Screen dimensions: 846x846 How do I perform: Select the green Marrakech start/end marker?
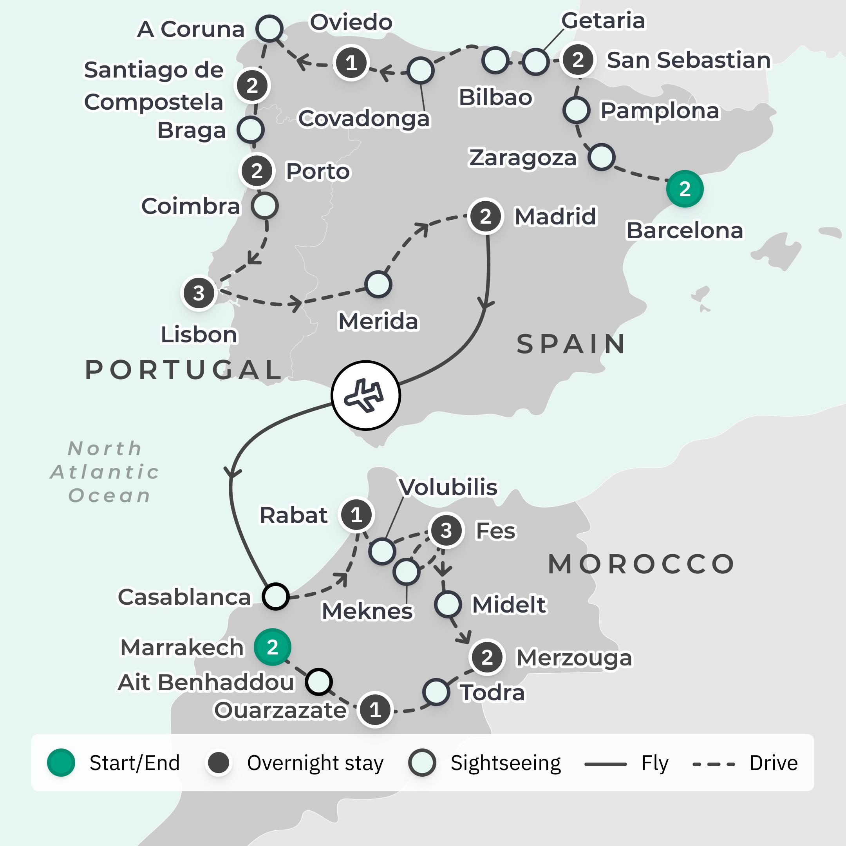click(x=272, y=647)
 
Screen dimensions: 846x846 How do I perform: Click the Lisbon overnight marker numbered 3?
click(x=199, y=293)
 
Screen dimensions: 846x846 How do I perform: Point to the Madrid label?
click(x=555, y=216)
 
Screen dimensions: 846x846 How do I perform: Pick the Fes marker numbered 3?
click(x=446, y=530)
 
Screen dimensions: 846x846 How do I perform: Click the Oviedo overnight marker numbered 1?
click(x=351, y=63)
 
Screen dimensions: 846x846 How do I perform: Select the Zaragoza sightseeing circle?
click(x=602, y=157)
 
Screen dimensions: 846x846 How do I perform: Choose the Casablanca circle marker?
click(x=275, y=596)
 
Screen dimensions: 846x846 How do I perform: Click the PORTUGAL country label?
click(x=183, y=370)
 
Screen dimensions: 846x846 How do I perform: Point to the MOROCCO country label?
click(x=641, y=564)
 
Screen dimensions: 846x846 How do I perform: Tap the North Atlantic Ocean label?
click(x=105, y=472)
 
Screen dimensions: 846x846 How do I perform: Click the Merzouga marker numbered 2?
click(x=487, y=657)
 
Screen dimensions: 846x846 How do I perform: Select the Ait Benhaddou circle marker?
click(x=319, y=681)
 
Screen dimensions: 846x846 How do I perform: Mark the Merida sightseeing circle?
click(x=378, y=285)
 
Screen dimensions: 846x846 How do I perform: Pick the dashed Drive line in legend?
click(x=713, y=764)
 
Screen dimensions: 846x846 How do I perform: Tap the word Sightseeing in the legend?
click(x=505, y=763)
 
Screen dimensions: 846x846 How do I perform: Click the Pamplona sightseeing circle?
click(x=576, y=110)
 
